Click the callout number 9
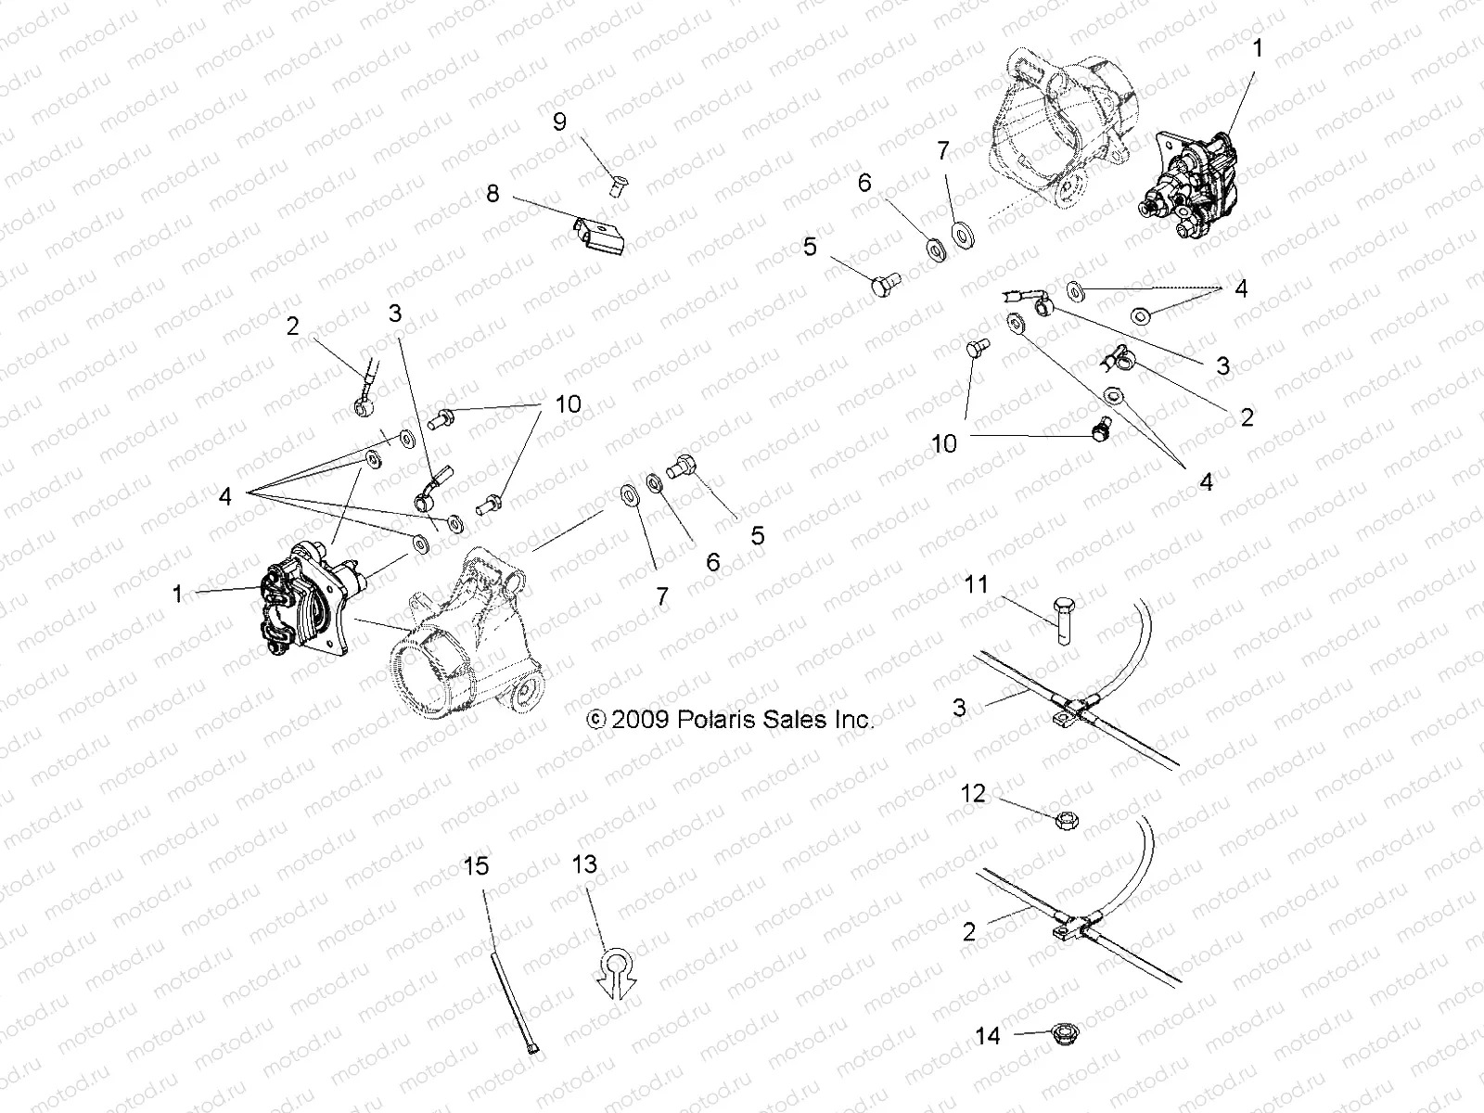point(559,123)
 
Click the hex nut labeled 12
point(1064,819)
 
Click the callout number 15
point(476,866)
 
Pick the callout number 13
point(585,865)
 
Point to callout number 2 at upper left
point(294,326)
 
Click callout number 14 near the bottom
point(990,1034)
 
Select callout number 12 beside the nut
point(974,795)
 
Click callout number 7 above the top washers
point(943,150)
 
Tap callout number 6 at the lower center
point(713,562)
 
